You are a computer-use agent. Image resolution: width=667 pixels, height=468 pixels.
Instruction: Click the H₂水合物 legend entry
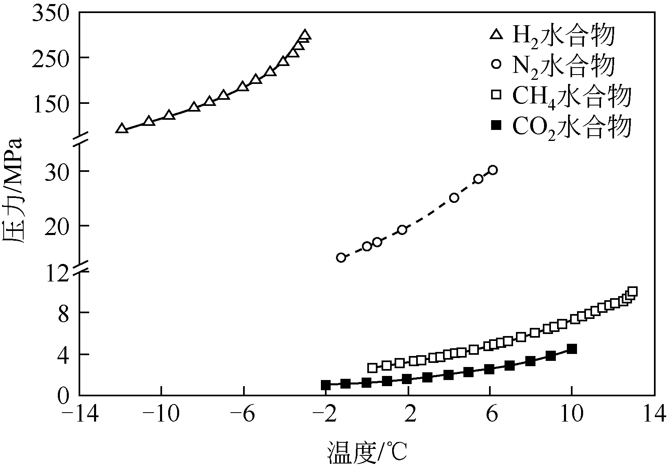point(554,35)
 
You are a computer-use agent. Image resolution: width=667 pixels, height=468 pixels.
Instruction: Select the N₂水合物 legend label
point(554,65)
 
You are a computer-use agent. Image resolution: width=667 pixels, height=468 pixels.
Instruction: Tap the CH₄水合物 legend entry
point(562,96)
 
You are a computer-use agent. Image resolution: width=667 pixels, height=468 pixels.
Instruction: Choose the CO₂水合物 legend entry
point(562,126)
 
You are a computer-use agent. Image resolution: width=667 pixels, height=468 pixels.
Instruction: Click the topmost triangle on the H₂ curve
point(305,35)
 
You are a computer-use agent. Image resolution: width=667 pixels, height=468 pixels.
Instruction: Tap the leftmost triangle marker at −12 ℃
point(121,129)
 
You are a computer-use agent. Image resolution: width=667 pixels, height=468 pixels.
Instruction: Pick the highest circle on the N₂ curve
point(493,170)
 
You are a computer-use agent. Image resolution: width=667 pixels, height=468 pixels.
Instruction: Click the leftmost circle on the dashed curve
point(341,257)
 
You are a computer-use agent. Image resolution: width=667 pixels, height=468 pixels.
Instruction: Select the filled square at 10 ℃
point(572,349)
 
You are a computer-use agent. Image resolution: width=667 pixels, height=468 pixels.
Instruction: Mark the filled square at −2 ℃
point(326,385)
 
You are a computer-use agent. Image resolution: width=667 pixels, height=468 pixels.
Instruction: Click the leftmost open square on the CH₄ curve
point(372,368)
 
